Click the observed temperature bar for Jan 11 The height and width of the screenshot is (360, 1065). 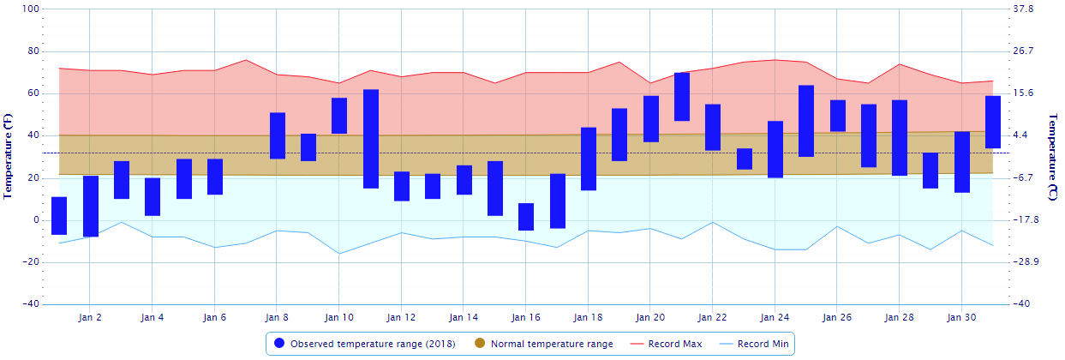tap(371, 139)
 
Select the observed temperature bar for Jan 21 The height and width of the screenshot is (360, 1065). tap(682, 97)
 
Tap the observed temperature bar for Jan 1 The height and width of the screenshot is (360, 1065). tap(59, 215)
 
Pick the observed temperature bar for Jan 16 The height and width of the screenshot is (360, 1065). tap(526, 217)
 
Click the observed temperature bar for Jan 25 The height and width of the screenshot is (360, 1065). tap(806, 121)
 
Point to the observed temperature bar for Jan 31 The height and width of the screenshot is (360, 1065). tap(993, 122)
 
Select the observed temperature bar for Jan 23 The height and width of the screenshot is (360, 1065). tap(745, 159)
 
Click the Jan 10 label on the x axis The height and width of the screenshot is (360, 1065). tap(338, 317)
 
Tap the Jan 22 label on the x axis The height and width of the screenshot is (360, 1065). tap(713, 317)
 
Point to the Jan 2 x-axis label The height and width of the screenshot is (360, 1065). tap(89, 317)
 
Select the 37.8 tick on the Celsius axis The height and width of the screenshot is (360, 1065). tap(1024, 9)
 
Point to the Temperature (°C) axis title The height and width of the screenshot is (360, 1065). tap(1053, 157)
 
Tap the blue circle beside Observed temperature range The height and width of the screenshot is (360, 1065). tap(279, 344)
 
